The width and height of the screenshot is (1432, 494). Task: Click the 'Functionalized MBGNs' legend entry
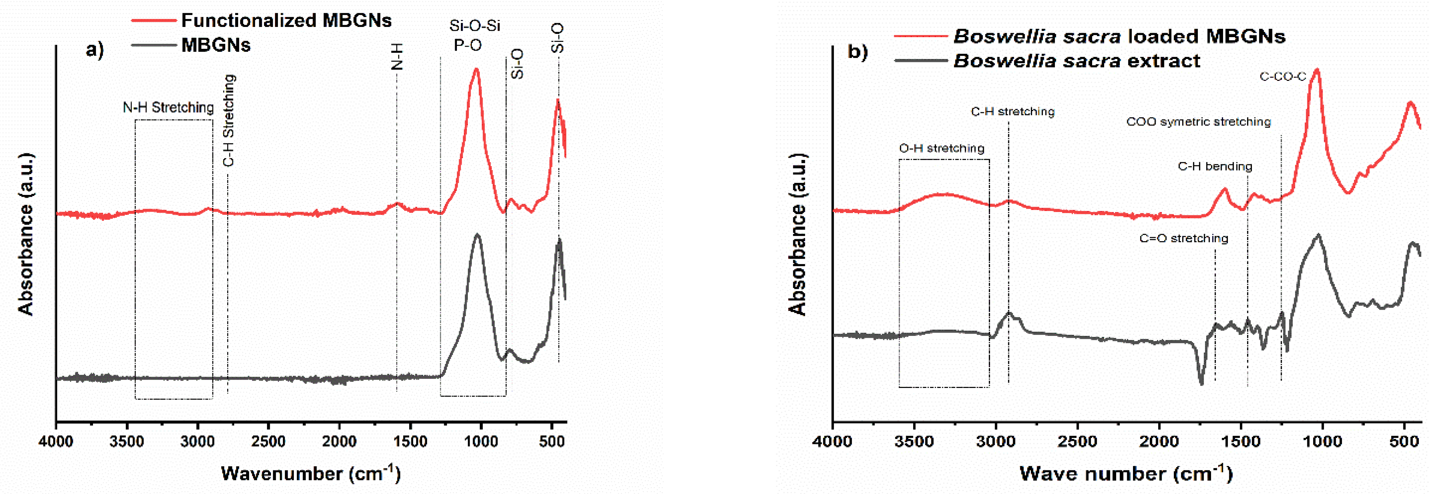point(286,20)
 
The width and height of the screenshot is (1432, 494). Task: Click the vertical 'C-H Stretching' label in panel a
point(229,121)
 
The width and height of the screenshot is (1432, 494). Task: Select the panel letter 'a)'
point(94,50)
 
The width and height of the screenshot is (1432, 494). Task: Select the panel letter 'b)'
point(857,52)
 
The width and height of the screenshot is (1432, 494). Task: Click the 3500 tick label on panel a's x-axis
point(127,442)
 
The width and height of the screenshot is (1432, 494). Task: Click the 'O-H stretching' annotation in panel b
point(941,148)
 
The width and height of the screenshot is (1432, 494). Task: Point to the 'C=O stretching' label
point(1184,238)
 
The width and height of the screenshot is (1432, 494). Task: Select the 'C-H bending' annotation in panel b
point(1215,166)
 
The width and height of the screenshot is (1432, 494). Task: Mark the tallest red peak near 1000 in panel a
point(476,70)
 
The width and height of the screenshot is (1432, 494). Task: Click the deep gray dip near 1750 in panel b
point(1201,382)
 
